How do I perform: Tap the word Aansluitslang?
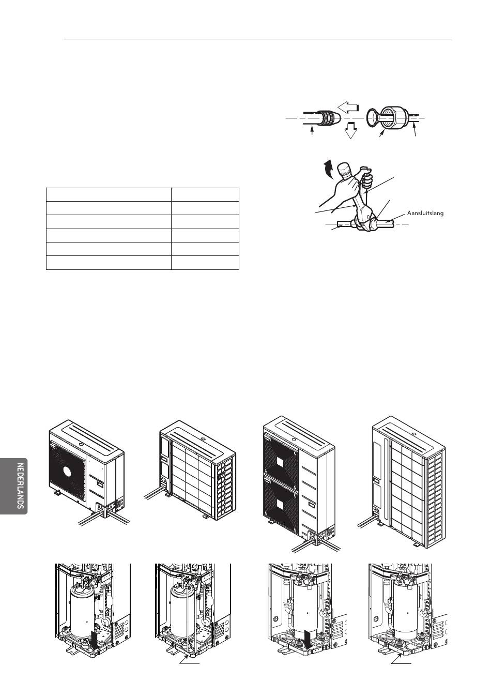click(x=425, y=213)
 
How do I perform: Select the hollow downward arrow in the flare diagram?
click(x=351, y=131)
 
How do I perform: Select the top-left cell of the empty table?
click(x=109, y=194)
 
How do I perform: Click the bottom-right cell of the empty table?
click(x=205, y=263)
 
